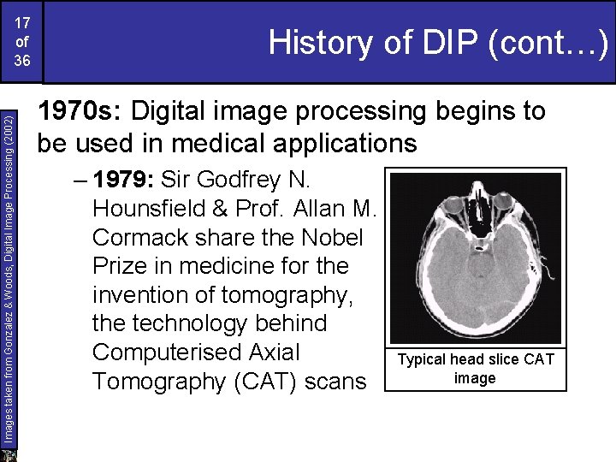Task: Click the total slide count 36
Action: (x=22, y=61)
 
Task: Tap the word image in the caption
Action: (x=475, y=377)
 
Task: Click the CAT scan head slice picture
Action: (x=476, y=257)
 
